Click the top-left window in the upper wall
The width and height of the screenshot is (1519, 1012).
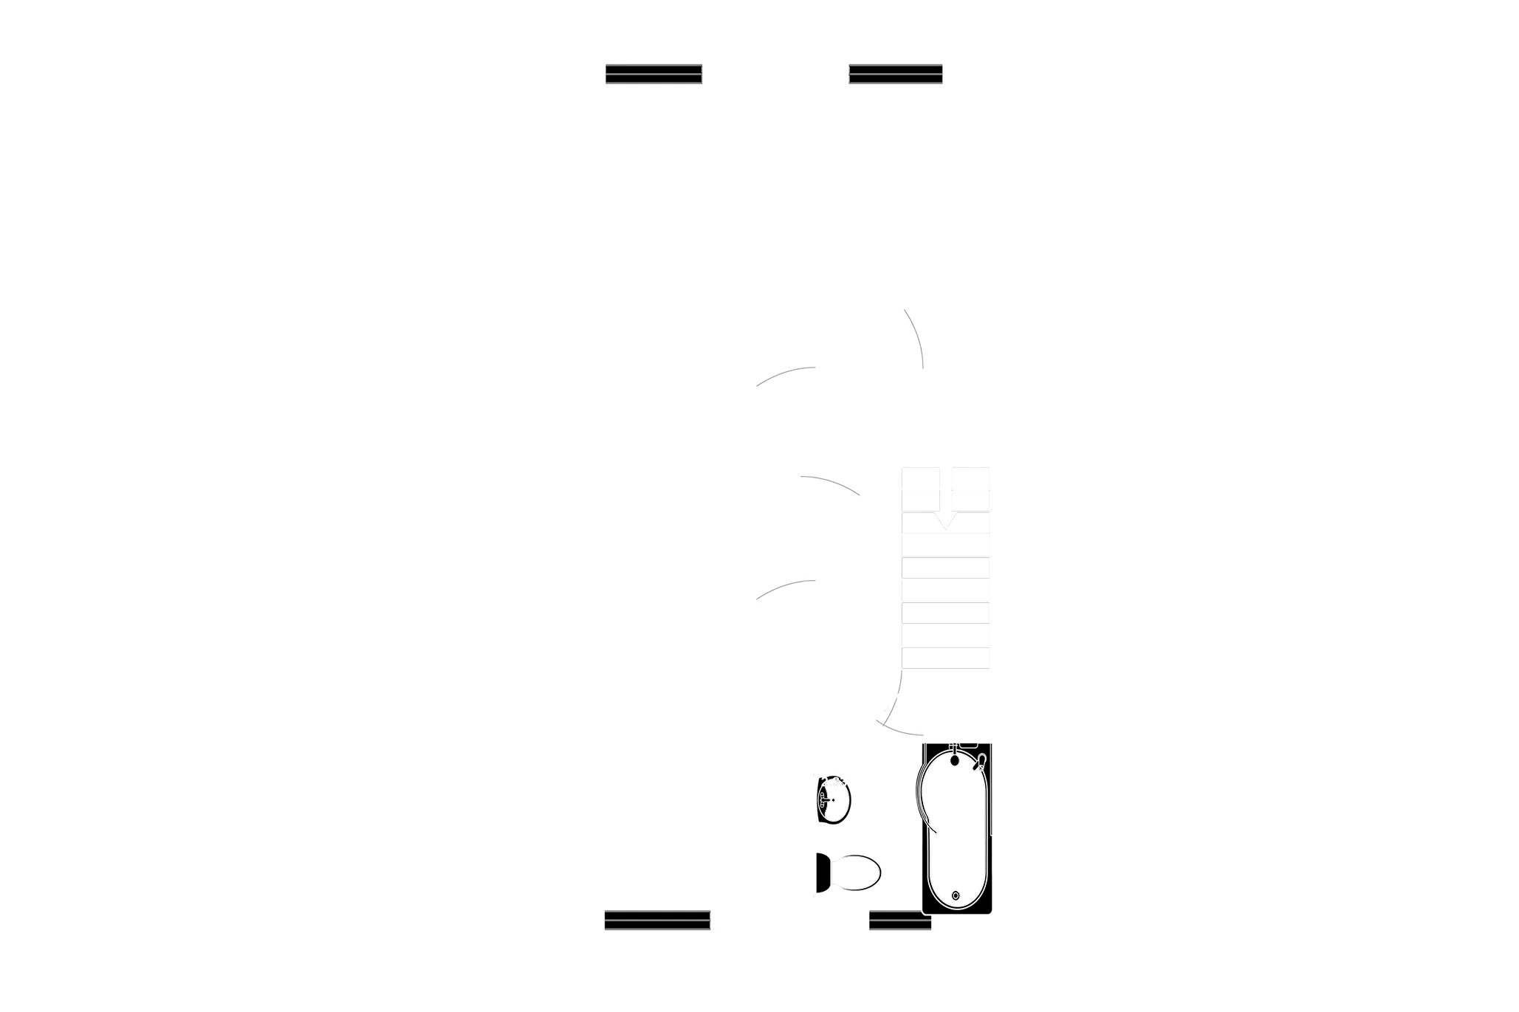click(653, 74)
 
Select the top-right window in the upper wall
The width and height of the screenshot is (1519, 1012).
click(896, 74)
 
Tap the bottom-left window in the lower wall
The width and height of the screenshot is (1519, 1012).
click(656, 920)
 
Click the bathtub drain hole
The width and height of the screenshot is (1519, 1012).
click(956, 895)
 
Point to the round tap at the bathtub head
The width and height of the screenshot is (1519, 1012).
click(955, 758)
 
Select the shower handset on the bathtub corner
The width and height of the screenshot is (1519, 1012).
click(981, 763)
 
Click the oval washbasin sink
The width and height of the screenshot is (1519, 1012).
click(834, 800)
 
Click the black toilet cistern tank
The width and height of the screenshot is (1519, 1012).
click(822, 872)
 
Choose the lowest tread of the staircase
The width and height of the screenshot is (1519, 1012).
click(945, 658)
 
